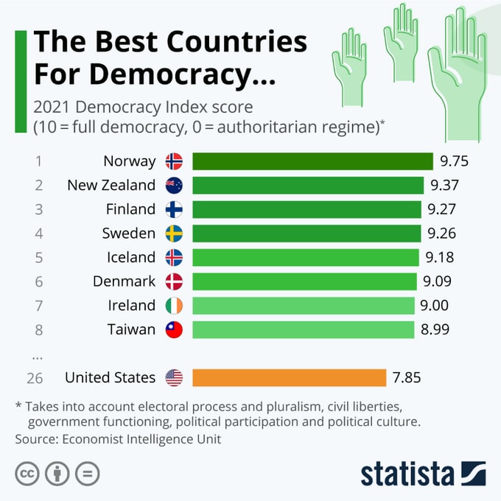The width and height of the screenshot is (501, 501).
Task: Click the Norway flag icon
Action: point(174,161)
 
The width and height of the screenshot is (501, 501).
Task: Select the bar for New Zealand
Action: point(308,186)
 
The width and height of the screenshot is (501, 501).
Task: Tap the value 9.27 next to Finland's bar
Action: point(442,209)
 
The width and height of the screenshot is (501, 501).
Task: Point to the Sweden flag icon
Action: point(174,234)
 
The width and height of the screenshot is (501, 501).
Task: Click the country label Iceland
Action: point(130,257)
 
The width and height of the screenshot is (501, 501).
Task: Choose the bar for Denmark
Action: point(305,281)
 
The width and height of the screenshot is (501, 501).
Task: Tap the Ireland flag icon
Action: point(174,305)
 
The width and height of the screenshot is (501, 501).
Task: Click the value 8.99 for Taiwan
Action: point(435,329)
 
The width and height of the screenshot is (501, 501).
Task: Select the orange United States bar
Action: point(289,378)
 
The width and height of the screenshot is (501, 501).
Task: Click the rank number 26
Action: point(35,378)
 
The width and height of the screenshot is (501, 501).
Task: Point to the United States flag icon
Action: point(174,378)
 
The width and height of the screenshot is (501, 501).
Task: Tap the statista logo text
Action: point(408,474)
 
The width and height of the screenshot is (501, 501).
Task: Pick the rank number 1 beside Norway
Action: point(38,161)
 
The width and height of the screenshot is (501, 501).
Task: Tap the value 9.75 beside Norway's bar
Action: point(454,161)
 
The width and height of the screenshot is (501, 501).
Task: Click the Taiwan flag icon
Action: point(174,329)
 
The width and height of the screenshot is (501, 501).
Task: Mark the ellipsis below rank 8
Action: point(37,354)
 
